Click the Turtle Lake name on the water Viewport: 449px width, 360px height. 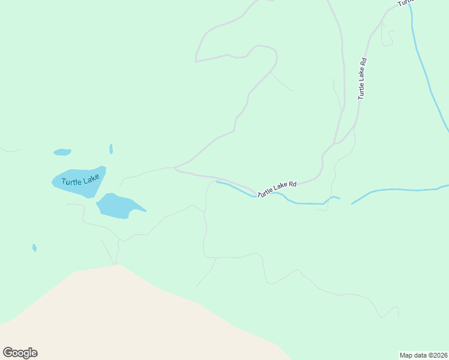coord(80,180)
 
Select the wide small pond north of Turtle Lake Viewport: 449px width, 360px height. coord(62,152)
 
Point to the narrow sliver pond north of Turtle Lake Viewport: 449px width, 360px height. coord(111,148)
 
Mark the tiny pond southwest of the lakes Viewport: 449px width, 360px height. coord(34,248)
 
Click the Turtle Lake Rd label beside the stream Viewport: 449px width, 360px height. coord(277,190)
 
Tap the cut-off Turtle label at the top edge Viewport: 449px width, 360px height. coord(406,3)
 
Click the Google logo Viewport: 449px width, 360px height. coord(20,353)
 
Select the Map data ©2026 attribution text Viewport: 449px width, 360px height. coord(423,355)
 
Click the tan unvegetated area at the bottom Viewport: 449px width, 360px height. coord(120,318)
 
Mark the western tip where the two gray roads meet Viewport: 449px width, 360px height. coord(175,169)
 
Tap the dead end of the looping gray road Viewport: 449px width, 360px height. coord(196,61)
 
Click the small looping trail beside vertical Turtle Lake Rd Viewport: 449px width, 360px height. coord(388,37)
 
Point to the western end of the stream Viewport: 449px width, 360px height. coord(217,182)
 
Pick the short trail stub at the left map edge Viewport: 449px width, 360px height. coord(8,149)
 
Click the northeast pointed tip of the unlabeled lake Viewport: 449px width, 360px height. coord(146,211)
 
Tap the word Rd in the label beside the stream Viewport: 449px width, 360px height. coord(292,184)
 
